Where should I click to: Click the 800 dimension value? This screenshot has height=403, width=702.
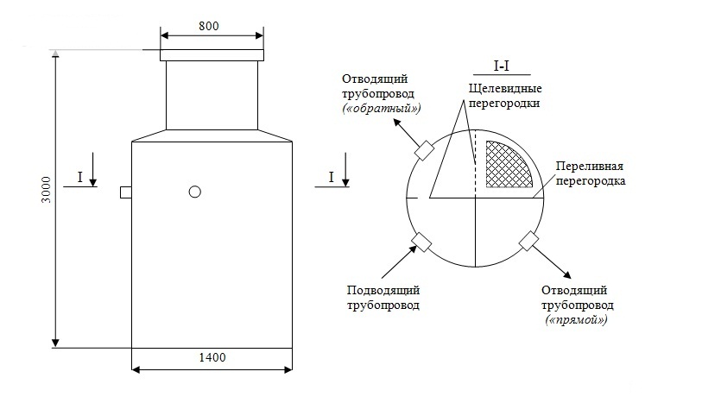[209, 26]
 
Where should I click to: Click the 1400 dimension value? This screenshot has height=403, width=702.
[212, 357]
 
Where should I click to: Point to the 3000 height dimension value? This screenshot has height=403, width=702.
[47, 190]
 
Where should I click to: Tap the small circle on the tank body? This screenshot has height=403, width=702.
[195, 192]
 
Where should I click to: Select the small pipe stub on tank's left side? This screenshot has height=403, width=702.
[126, 192]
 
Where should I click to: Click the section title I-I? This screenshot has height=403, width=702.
[502, 66]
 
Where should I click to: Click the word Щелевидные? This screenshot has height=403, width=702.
[505, 88]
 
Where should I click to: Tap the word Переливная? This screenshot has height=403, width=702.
[590, 166]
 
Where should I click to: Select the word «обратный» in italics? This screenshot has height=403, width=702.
[381, 109]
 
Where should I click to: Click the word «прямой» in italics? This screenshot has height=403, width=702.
[576, 320]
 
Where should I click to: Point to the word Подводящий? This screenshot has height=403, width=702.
[383, 290]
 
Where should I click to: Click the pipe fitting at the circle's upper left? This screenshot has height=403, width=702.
[425, 150]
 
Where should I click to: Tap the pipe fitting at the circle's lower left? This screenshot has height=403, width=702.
[421, 242]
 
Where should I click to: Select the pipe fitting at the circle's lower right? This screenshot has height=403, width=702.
[528, 241]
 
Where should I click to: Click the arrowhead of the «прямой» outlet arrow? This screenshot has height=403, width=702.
[566, 274]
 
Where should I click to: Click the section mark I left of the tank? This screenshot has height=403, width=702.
[80, 177]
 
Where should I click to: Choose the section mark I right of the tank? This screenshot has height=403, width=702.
[332, 177]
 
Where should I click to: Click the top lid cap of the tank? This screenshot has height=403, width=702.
[212, 55]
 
